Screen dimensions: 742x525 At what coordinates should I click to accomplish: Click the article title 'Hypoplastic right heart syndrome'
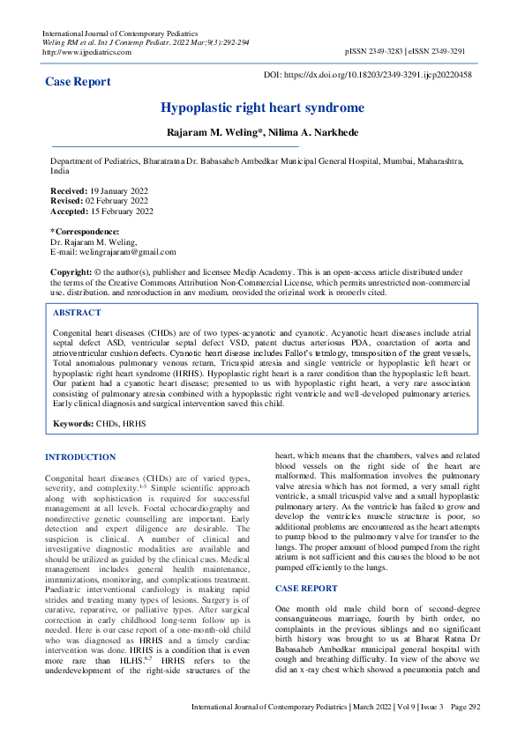click(262, 108)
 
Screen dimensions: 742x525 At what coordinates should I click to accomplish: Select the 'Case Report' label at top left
click(78, 82)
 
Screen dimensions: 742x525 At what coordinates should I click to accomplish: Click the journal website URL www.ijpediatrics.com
click(86, 52)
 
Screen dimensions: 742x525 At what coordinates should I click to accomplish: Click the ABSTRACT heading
click(77, 313)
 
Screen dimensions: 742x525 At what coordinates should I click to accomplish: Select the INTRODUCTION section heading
click(80, 456)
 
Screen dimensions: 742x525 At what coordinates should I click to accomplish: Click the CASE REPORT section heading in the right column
click(306, 587)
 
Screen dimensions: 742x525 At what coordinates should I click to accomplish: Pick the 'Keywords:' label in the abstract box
click(73, 424)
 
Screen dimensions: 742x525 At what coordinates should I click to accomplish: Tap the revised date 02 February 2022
click(117, 201)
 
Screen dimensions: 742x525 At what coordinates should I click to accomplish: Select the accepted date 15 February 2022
click(122, 211)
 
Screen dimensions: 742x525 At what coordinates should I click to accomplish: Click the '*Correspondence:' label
click(84, 232)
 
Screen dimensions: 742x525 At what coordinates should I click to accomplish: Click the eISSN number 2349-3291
click(452, 52)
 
